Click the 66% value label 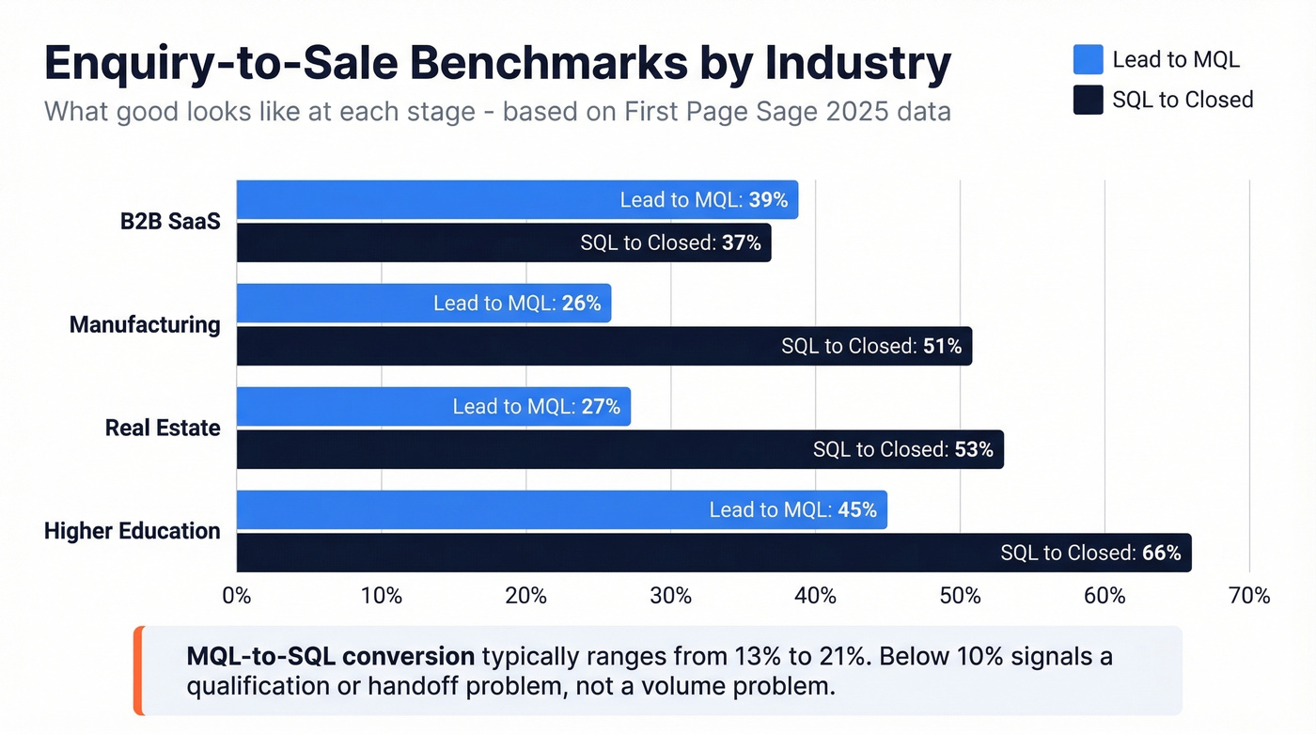click(1161, 553)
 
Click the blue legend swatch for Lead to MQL click(1088, 59)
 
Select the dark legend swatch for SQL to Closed click(1088, 100)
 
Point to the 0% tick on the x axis click(236, 596)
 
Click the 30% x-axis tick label click(670, 596)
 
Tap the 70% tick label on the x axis click(1248, 596)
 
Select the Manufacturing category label click(145, 325)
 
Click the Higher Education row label click(133, 531)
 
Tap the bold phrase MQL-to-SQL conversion click(330, 655)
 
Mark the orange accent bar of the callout click(138, 670)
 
